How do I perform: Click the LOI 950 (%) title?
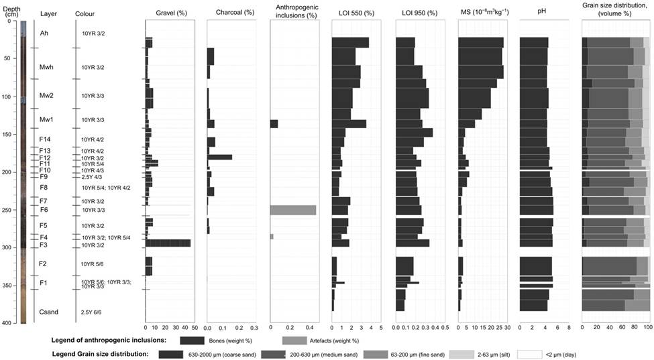(419, 13)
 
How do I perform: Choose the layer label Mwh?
(46, 67)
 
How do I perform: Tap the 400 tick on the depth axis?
(9, 323)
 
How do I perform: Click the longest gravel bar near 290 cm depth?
(168, 243)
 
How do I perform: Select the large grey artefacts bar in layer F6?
(293, 210)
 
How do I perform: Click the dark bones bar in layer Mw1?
(274, 124)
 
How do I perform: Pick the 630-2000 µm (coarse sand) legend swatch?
(179, 353)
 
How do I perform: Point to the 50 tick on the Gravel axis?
(194, 328)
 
